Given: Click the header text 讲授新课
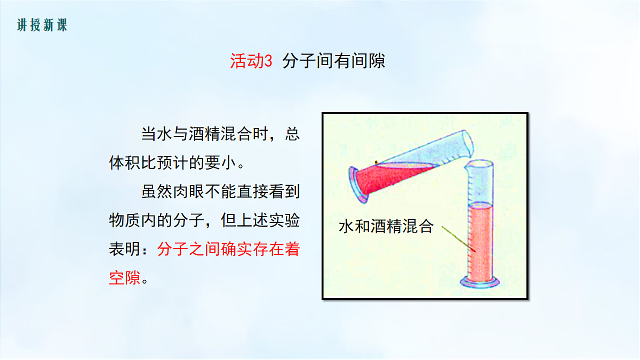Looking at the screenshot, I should pos(42,25).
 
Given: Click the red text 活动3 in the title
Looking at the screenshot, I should pos(251,61).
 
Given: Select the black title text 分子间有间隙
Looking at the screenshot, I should pos(334,61).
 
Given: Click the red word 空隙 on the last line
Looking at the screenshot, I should pos(125,278).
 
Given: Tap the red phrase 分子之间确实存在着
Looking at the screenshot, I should pos(228,249).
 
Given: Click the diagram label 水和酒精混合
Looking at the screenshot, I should pos(387,227).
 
